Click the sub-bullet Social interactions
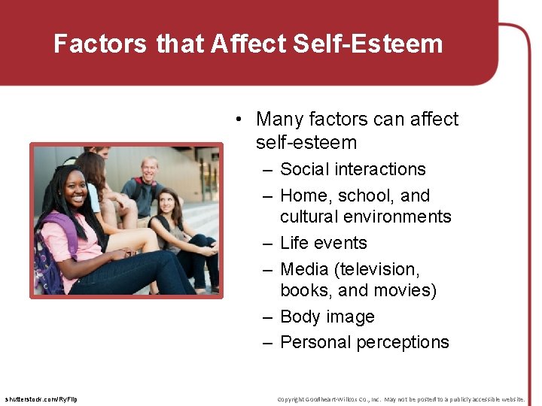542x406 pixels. pos(352,169)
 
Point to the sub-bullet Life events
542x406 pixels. pos(323,243)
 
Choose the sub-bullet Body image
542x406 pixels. pos(327,317)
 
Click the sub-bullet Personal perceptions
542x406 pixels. pos(364,342)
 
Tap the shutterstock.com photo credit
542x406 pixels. pos(41,398)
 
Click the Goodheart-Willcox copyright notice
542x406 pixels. pos(400,398)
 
